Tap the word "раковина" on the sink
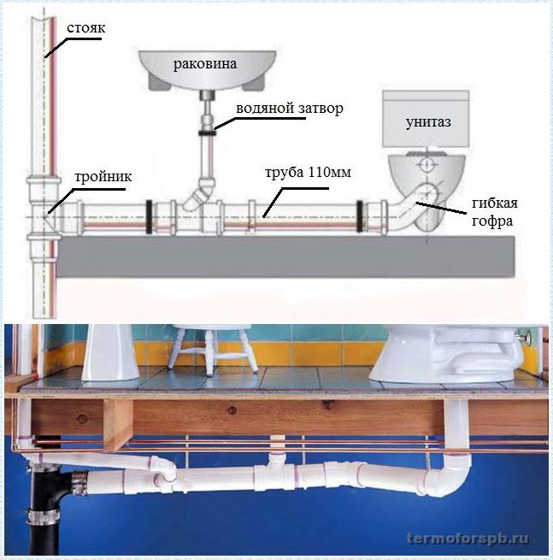pos(207,64)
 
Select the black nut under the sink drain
pos(208,132)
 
